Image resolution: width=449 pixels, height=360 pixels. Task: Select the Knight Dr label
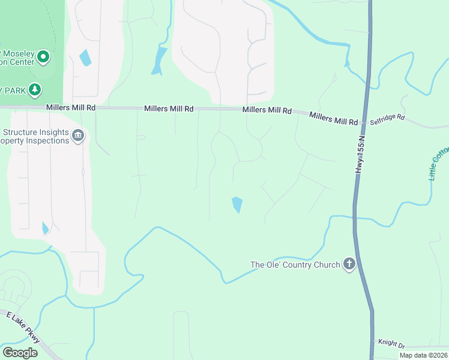tap(391, 343)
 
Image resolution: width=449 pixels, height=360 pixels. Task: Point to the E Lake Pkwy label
tap(23, 328)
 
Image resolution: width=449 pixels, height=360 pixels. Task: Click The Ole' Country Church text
tap(295, 265)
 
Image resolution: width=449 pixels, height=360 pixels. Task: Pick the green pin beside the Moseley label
tap(43, 58)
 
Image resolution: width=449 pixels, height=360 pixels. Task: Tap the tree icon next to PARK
tap(35, 90)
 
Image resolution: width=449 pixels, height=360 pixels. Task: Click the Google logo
tap(20, 353)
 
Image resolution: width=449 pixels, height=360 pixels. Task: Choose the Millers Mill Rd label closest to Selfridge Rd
tap(333, 118)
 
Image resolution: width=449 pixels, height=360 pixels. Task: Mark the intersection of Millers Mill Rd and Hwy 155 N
tap(363, 122)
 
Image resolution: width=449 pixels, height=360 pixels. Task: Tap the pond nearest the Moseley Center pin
tap(85, 58)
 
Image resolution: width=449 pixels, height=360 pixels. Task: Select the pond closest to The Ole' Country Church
tap(237, 205)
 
